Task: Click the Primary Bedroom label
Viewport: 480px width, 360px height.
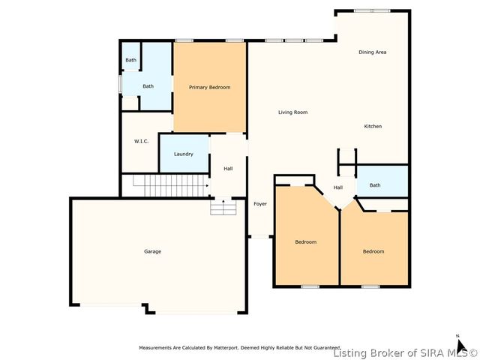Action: click(209, 88)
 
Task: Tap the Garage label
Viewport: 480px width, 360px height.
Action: click(152, 251)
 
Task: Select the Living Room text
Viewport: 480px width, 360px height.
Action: click(292, 112)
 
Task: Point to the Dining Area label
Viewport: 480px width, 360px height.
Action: click(372, 52)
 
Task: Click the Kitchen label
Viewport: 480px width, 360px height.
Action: click(373, 126)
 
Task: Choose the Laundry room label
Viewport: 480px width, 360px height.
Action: click(184, 154)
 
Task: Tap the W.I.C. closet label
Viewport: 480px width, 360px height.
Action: click(141, 141)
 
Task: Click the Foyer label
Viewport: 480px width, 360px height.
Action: click(260, 204)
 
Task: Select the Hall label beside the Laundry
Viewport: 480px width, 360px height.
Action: click(228, 169)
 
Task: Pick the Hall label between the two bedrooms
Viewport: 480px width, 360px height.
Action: click(338, 187)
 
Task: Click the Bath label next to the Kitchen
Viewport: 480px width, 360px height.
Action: click(374, 185)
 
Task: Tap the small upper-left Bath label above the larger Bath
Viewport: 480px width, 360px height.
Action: click(130, 60)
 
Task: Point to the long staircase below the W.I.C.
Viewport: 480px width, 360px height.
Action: click(169, 182)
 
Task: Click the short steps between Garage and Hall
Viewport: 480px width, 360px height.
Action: click(223, 207)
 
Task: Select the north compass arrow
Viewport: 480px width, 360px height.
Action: click(458, 343)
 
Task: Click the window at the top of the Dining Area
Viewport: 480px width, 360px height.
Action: click(372, 10)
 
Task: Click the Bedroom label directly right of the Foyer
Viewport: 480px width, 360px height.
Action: click(305, 242)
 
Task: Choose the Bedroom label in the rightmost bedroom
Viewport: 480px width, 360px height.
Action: click(373, 251)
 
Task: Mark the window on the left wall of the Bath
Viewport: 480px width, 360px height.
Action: click(121, 85)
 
